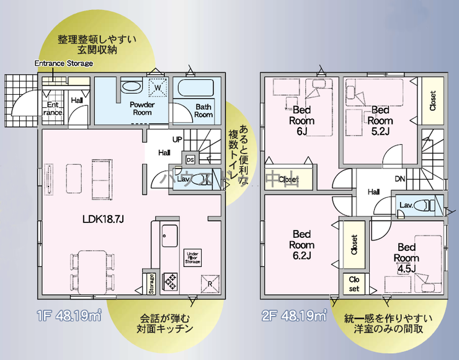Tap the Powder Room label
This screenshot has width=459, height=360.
point(141,108)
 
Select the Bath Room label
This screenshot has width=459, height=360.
point(203,110)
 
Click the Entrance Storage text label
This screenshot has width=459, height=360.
point(63,63)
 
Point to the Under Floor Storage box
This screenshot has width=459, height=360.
point(192,257)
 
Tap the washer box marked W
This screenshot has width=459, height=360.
point(158,89)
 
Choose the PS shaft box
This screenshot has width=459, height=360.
point(190,160)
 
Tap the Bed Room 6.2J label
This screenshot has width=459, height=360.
point(301,245)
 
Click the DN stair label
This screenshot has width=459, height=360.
point(401,179)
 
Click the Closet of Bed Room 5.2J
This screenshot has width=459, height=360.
point(432,101)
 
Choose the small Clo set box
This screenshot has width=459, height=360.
point(354,284)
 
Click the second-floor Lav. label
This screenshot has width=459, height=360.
point(406,205)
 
